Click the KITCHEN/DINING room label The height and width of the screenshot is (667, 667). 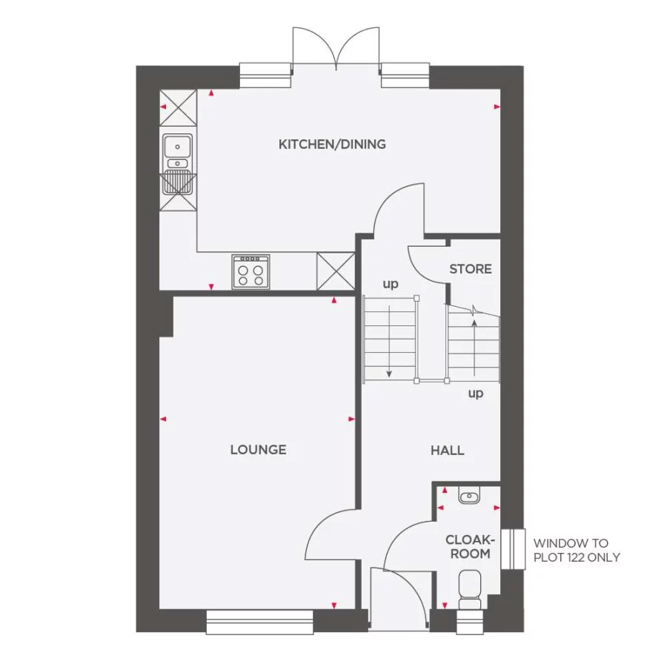[332, 144]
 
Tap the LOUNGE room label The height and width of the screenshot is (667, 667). [258, 450]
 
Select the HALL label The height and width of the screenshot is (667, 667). [448, 450]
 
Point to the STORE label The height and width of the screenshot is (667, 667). [471, 269]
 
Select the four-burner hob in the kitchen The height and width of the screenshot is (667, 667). [250, 271]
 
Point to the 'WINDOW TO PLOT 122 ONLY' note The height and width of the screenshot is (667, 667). [577, 550]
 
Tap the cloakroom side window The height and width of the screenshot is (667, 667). [512, 549]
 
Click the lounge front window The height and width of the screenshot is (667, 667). [260, 622]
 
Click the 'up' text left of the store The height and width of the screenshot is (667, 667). [390, 284]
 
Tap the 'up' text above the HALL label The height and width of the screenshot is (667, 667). [476, 393]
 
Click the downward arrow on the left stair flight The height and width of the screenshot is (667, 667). [390, 371]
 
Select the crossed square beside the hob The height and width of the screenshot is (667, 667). [336, 271]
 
